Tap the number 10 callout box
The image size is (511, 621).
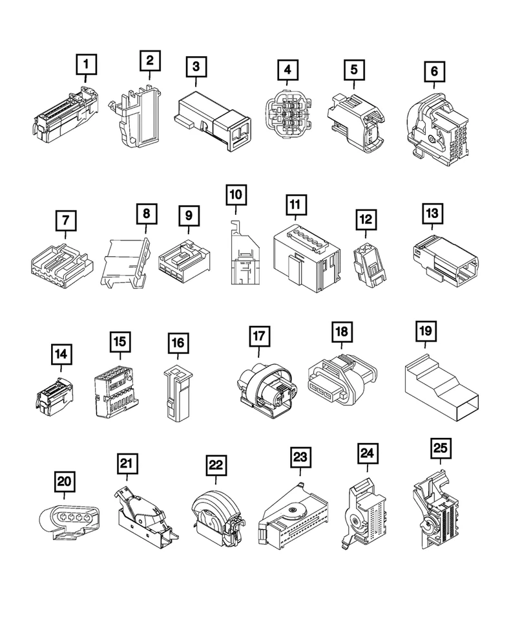[236, 194]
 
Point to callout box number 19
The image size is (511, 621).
[424, 331]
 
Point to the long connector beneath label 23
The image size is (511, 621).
[298, 521]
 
